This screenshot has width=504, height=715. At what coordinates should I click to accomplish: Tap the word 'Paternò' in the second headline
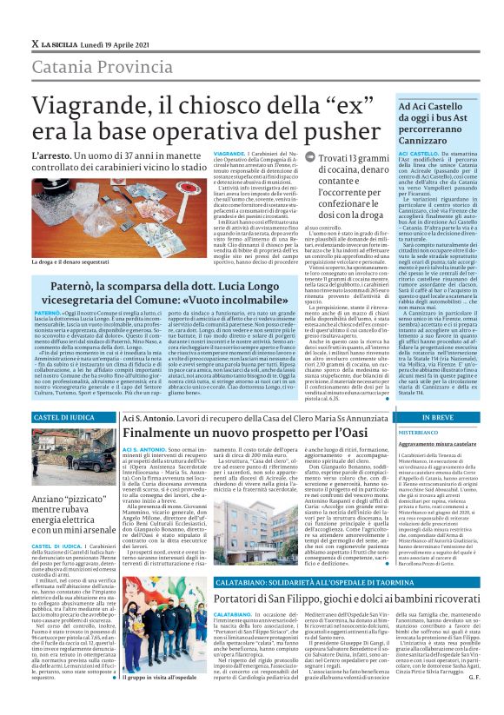pos(74,287)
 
